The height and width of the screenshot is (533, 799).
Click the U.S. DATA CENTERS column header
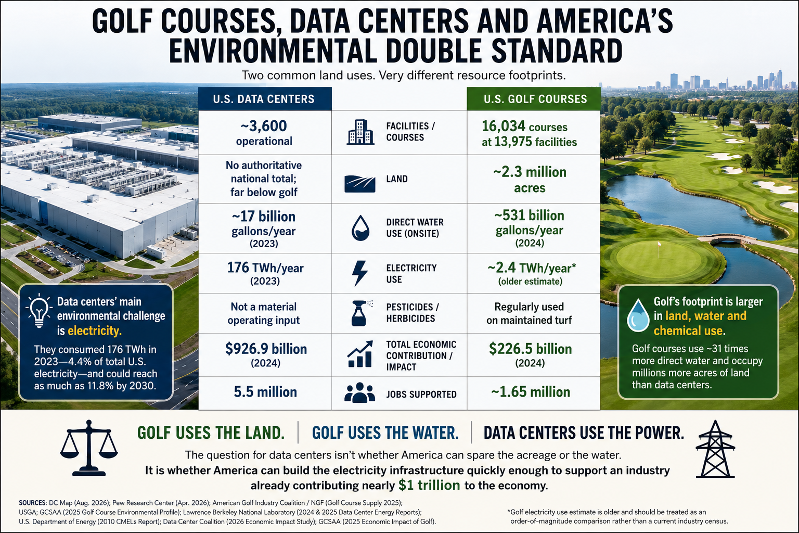pyautogui.click(x=265, y=99)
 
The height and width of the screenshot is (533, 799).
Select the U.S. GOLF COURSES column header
pyautogui.click(x=534, y=99)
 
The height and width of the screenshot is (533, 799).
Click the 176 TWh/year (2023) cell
pyautogui.click(x=265, y=273)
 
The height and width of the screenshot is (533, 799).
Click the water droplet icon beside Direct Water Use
pyautogui.click(x=360, y=228)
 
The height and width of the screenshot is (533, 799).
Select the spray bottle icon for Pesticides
pyautogui.click(x=360, y=313)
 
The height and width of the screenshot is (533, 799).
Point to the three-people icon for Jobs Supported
pyautogui.click(x=359, y=392)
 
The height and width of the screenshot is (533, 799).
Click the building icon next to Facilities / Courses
pyautogui.click(x=360, y=132)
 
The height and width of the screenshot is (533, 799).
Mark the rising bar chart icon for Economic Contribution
pyautogui.click(x=360, y=354)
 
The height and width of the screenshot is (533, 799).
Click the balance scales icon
pyautogui.click(x=89, y=448)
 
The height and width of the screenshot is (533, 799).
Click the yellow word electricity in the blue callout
pyautogui.click(x=95, y=331)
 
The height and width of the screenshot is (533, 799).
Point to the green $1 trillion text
pyautogui.click(x=429, y=485)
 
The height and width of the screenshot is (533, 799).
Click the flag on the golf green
pyautogui.click(x=660, y=245)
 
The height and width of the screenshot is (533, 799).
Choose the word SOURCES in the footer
pyautogui.click(x=32, y=503)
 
